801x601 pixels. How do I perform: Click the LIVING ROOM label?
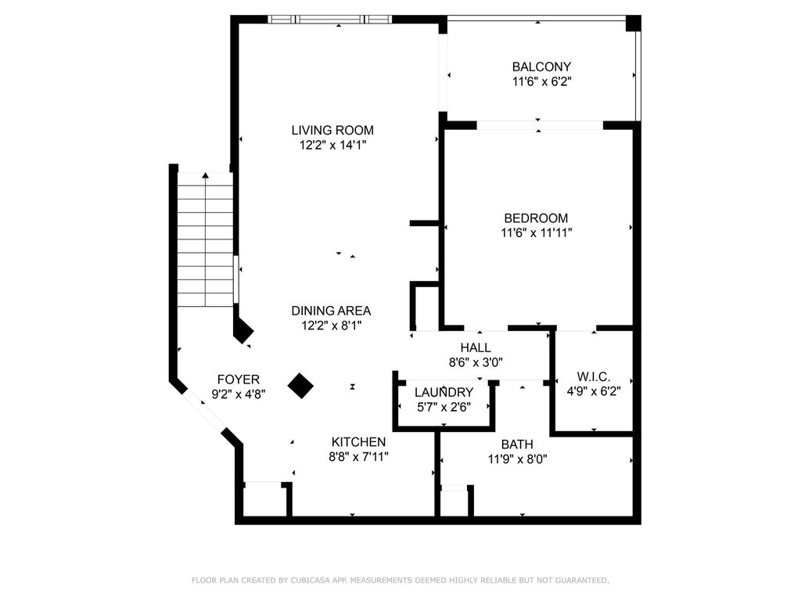point(332,130)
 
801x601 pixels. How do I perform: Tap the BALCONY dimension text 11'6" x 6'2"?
point(541,81)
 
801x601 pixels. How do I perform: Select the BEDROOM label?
point(536,218)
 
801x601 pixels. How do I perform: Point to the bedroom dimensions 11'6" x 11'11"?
point(537,232)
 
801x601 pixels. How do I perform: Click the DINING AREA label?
point(331,311)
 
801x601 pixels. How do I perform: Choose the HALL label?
point(476,347)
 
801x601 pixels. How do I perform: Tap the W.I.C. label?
point(593,376)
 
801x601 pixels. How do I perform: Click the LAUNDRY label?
point(444,392)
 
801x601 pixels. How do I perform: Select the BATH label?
point(517,444)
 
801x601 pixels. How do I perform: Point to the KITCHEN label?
point(358,441)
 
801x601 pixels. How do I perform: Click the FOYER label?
point(239,380)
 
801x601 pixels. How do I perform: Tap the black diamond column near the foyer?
point(300,385)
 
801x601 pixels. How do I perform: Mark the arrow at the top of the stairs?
point(205,175)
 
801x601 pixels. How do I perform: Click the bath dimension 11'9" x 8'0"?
point(517,459)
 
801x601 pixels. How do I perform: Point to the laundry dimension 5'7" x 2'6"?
point(444,406)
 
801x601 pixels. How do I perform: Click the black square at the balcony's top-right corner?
point(633,23)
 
